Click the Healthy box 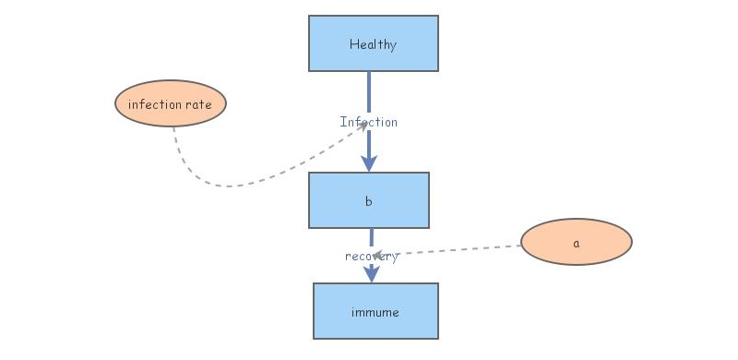coord(373,43)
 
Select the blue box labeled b coord(368,200)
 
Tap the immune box coord(375,311)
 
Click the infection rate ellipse coord(170,103)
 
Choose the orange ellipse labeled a coord(576,243)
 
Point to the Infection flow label coord(368,122)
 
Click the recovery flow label coord(371,256)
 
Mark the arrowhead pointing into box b coord(369,163)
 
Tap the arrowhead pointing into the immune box coord(371,274)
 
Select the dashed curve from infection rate coord(231,186)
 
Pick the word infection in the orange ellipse coord(154,104)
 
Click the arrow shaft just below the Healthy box coord(369,88)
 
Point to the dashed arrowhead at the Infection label coord(363,126)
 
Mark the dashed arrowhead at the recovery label coord(380,254)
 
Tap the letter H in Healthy coord(353,44)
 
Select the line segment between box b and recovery coord(371,238)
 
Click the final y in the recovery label coord(394,257)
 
